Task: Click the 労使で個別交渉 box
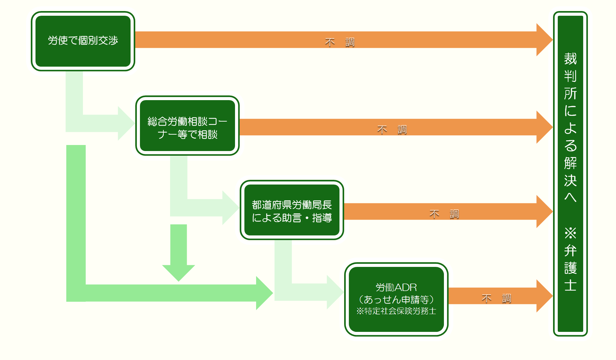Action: tap(83, 41)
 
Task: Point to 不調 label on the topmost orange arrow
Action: tap(339, 42)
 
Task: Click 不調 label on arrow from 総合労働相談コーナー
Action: tap(392, 130)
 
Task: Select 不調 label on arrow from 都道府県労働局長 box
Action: tap(444, 214)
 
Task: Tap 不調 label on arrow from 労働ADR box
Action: tap(496, 298)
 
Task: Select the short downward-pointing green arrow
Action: tap(178, 255)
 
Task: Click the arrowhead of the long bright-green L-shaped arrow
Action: tap(264, 293)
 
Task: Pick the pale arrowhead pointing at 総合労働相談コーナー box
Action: tap(126, 123)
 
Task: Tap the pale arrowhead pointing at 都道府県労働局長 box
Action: tap(230, 208)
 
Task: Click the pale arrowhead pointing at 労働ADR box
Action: tap(334, 292)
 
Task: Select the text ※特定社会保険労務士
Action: tap(396, 311)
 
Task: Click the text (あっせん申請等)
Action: tap(396, 299)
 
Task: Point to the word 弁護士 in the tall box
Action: tap(570, 268)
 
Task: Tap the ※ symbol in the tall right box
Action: tap(570, 233)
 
